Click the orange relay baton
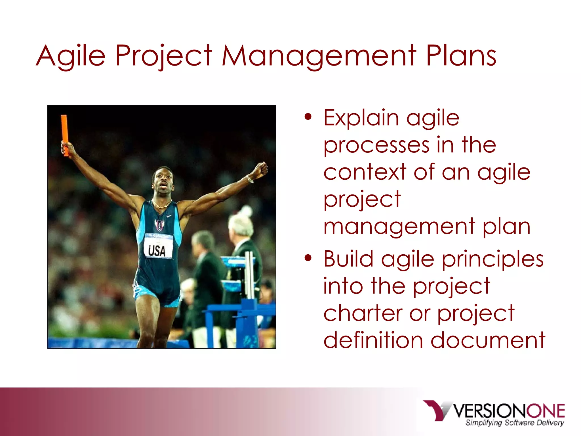point(65,135)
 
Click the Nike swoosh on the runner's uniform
point(169,216)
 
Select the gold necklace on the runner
point(162,205)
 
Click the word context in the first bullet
point(365,172)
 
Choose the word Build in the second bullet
point(348,259)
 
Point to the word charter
point(363,313)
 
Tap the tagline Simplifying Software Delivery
point(514,423)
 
